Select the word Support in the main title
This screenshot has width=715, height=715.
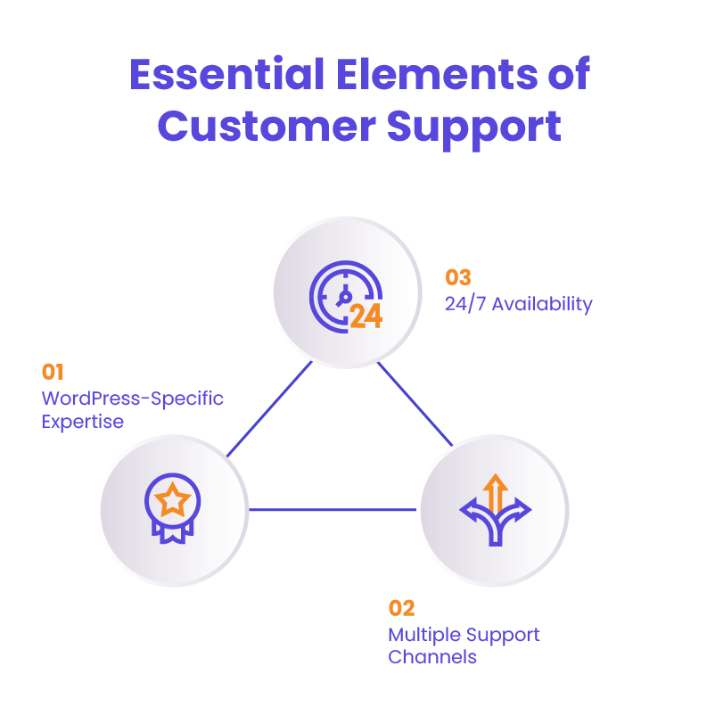click(x=474, y=127)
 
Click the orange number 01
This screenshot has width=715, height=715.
click(x=53, y=372)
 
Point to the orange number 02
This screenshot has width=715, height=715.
click(x=401, y=609)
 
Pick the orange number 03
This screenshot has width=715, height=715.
click(x=458, y=277)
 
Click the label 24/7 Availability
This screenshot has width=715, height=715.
click(x=518, y=304)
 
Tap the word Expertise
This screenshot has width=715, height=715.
click(x=83, y=422)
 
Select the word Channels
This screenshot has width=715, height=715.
click(x=432, y=658)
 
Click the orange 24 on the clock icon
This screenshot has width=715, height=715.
click(x=366, y=316)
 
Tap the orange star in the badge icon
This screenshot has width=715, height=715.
click(x=172, y=501)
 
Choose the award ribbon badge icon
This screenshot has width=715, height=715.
click(x=172, y=508)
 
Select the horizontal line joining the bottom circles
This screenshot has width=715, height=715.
click(x=333, y=510)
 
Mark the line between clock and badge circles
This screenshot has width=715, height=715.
click(x=269, y=408)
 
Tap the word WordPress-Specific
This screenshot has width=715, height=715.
click(x=132, y=399)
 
